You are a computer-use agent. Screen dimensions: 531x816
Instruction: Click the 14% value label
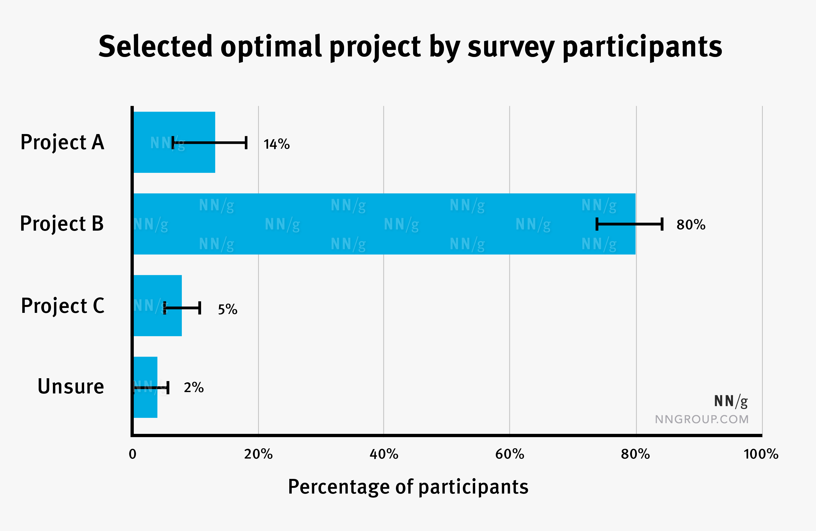[276, 144]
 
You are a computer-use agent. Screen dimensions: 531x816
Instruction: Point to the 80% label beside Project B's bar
[691, 225]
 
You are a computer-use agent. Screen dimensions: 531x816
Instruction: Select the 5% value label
[227, 309]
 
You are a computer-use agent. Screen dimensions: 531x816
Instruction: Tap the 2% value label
[193, 388]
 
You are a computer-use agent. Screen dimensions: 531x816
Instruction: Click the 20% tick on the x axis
[258, 454]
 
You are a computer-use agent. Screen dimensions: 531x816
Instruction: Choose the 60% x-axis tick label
[509, 454]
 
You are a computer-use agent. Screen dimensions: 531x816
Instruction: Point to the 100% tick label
[761, 454]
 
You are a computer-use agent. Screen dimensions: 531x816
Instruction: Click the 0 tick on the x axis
[133, 454]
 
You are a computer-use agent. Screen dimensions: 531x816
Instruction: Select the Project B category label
[62, 224]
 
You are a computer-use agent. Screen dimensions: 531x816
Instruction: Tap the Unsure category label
[71, 386]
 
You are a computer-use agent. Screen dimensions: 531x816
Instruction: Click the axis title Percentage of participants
[408, 487]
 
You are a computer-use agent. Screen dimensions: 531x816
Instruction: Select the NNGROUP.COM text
[701, 419]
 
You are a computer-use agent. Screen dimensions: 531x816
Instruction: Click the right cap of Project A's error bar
[246, 143]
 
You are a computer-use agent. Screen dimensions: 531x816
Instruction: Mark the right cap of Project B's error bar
[662, 224]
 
